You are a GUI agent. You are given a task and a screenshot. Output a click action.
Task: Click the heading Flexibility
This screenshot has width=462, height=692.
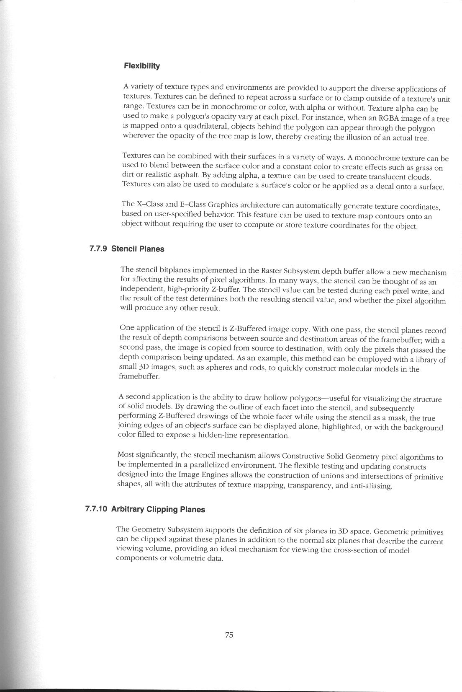[142, 66]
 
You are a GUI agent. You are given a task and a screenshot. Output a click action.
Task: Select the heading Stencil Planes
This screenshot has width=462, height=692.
[138, 249]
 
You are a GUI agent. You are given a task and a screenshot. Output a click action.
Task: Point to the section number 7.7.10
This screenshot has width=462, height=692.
[96, 509]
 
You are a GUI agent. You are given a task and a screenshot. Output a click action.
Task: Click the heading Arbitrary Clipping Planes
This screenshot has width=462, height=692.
[158, 510]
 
